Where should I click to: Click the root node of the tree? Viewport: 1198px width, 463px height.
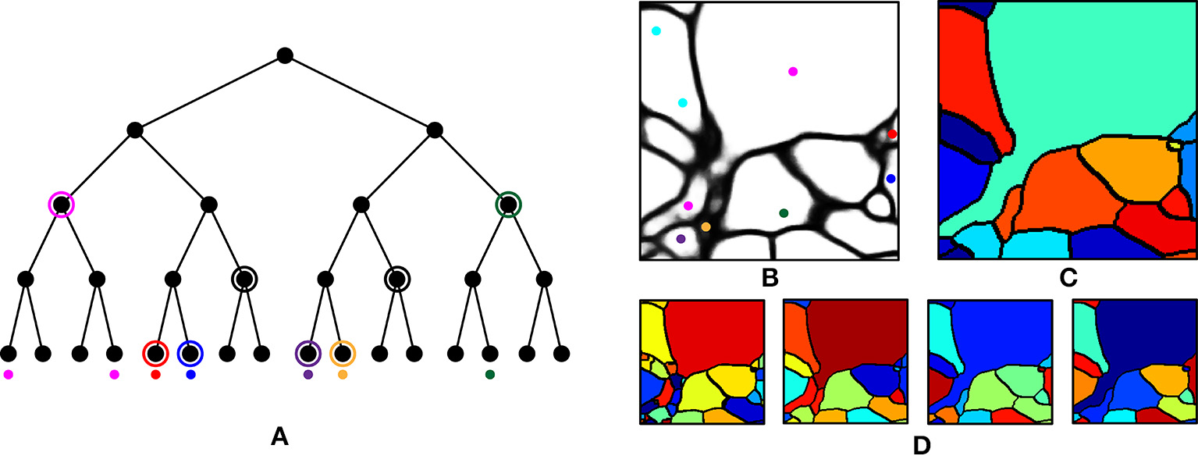285,56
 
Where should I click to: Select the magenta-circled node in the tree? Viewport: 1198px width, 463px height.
62,205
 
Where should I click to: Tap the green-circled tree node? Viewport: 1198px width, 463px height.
508,205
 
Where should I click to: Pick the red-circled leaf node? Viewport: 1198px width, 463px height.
155,354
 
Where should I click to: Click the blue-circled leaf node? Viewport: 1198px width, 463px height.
190,354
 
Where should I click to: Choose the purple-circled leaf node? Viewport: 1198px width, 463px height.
308,354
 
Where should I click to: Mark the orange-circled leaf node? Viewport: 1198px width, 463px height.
343,354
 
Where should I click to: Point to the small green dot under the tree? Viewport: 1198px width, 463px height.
489,375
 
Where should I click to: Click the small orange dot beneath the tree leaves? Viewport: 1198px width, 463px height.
343,375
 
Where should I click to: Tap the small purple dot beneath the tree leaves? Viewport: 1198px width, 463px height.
308,375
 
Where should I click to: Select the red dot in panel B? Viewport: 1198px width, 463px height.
892,134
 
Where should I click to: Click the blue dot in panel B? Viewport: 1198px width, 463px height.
891,179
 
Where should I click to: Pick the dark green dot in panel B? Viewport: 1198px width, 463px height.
784,212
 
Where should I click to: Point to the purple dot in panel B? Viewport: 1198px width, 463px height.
681,239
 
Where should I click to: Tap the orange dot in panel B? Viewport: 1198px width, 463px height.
706,227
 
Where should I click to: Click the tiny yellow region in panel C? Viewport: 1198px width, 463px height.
1172,144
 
